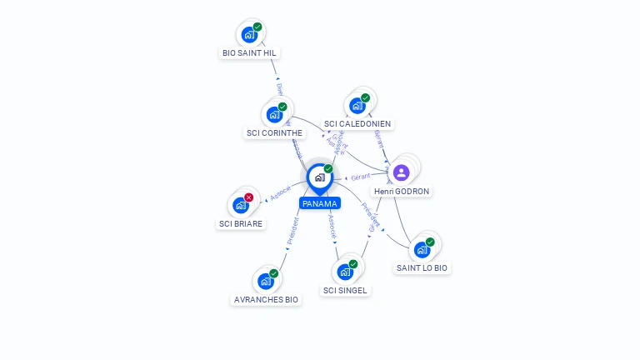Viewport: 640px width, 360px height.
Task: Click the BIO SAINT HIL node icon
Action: (248, 35)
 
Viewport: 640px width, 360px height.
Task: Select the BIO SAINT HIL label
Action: (249, 53)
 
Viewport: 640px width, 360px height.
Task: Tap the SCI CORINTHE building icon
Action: (273, 115)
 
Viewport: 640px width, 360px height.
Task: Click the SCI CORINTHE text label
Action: (275, 133)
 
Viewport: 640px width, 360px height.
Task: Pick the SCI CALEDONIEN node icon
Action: (357, 106)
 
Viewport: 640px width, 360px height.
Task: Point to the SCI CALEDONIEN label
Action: (357, 124)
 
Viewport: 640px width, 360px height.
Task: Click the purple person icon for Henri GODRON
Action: (401, 173)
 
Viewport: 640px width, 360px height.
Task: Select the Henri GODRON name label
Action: (402, 192)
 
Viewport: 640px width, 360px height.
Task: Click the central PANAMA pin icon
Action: (319, 177)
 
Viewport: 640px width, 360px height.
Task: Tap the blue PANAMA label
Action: (320, 203)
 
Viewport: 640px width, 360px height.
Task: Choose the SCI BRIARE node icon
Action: (240, 205)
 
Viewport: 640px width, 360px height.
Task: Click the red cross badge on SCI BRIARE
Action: (248, 197)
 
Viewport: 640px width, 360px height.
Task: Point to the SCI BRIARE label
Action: (241, 223)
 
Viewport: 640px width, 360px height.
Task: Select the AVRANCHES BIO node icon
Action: (265, 281)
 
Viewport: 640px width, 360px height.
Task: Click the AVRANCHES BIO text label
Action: (266, 300)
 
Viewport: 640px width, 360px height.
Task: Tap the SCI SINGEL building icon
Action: (344, 272)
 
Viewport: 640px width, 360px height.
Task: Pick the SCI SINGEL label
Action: (345, 290)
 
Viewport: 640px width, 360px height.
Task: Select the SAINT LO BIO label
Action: (422, 268)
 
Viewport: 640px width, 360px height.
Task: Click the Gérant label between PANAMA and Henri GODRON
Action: (360, 177)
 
